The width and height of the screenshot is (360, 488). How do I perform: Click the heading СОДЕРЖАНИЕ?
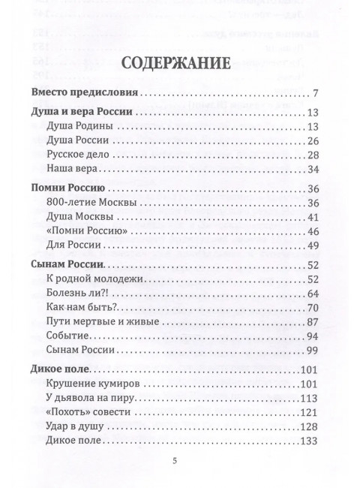[179, 62]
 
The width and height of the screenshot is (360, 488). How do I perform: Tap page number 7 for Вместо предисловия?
[317, 95]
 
